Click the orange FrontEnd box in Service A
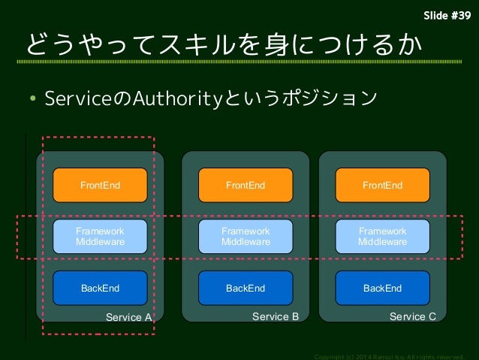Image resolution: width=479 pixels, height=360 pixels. pos(100,185)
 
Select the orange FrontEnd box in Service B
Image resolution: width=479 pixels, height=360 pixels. pos(246,185)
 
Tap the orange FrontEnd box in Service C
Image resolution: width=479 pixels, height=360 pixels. pos(382,185)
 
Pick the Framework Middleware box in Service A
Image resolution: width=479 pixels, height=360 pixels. pos(100,237)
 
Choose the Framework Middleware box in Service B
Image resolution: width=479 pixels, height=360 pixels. pos(246,237)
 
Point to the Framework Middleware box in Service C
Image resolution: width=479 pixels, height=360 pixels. pos(382,237)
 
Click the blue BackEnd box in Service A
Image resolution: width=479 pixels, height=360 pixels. pos(100,288)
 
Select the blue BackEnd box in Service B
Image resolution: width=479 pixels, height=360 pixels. pos(246,288)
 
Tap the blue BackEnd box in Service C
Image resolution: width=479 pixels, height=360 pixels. pos(382,288)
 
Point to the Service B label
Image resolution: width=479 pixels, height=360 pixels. pos(275,316)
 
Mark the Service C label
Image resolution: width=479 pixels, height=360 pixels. pos(412,316)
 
